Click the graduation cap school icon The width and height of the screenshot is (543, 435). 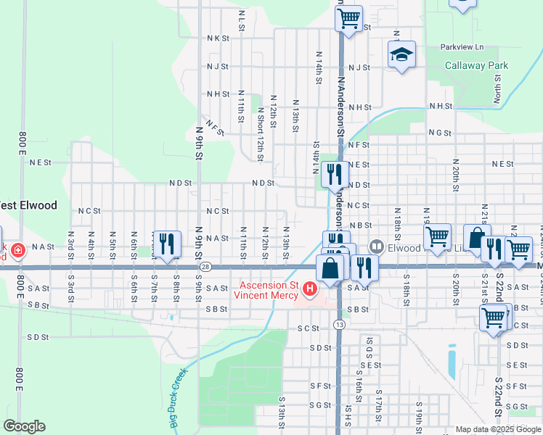(401, 55)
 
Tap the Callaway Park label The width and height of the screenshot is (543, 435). (476, 65)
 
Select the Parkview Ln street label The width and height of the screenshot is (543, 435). (462, 46)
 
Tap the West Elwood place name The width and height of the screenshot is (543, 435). (27, 205)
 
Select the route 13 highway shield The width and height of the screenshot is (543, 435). (339, 324)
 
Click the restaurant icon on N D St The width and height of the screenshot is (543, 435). (334, 174)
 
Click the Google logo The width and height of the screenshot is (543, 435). (24, 426)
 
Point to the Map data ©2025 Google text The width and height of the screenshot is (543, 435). (498, 429)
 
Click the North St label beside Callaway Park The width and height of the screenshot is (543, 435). (499, 92)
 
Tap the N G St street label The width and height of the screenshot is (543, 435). (440, 133)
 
